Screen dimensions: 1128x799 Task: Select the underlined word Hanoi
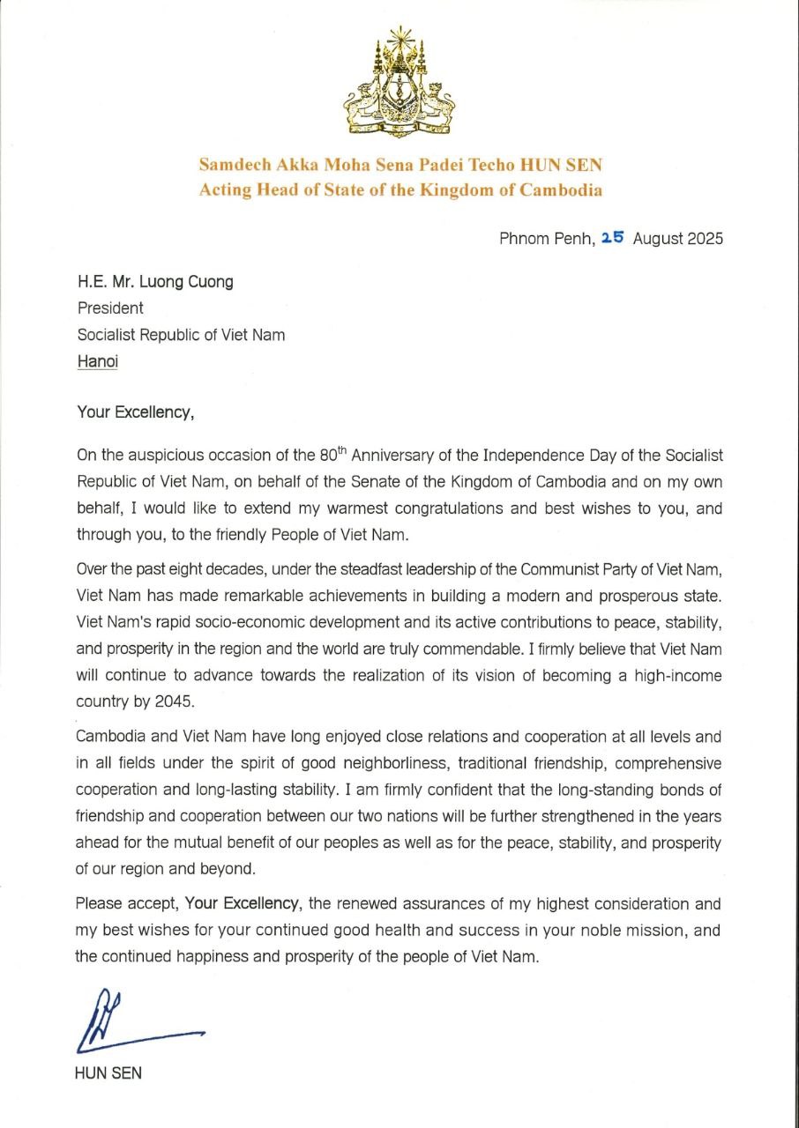click(x=97, y=361)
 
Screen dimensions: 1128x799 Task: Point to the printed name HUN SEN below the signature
click(x=108, y=1073)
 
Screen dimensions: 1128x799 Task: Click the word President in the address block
click(x=109, y=308)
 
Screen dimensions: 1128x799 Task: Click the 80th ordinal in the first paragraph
click(x=333, y=455)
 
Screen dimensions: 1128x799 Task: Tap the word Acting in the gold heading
click(x=227, y=189)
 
